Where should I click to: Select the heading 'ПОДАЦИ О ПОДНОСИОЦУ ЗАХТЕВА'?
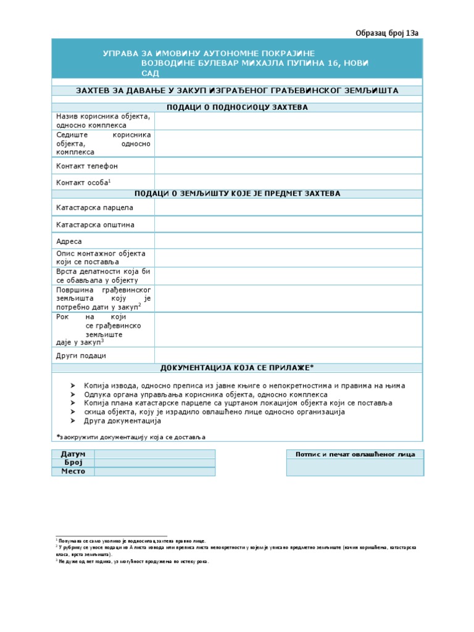tap(238, 107)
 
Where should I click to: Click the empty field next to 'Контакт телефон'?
tap(288, 166)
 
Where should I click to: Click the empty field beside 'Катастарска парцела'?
tap(288, 207)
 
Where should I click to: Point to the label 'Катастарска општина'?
tap(95, 225)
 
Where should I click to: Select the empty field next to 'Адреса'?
tap(288, 241)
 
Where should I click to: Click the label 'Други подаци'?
tap(81, 355)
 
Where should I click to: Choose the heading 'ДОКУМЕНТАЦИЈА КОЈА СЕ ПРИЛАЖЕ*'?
tap(238, 368)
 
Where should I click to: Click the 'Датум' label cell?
tap(73, 454)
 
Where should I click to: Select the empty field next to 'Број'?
tap(154, 463)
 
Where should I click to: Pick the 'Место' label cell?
tap(73, 472)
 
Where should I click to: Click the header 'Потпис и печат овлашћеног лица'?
tap(355, 454)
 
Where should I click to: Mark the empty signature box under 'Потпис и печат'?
tap(355, 468)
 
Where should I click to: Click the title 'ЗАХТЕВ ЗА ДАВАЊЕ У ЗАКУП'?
tap(238, 91)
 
